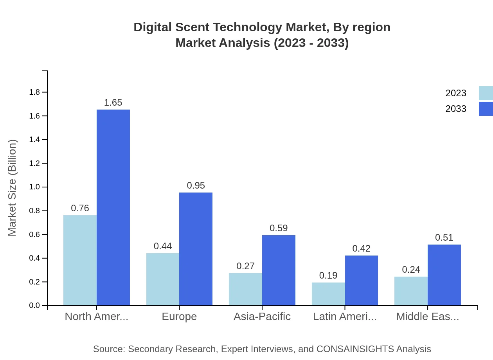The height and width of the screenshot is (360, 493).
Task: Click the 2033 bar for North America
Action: (113, 207)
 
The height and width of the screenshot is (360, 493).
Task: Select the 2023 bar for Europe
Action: (163, 279)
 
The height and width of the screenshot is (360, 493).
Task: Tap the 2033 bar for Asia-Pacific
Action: (279, 270)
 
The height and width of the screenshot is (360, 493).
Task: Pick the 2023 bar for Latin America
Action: (328, 294)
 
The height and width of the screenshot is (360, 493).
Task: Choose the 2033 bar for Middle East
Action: (444, 275)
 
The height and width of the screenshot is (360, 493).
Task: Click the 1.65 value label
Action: (113, 103)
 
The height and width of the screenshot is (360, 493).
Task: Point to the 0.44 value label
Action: (163, 246)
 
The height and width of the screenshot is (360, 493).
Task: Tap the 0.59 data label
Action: (279, 228)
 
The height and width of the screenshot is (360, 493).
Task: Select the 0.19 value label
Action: (328, 275)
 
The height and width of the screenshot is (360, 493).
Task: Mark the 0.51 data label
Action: (444, 238)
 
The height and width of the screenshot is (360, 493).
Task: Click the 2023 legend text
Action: (456, 93)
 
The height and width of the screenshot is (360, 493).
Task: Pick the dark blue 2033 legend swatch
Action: (486, 109)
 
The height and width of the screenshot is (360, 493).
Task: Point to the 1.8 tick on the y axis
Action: (35, 92)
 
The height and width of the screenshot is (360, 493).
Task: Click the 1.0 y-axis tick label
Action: (35, 187)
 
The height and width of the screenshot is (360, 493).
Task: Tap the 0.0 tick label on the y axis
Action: (35, 306)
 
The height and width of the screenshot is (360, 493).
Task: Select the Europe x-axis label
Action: (179, 316)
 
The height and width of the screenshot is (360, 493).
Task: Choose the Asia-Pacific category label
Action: (262, 316)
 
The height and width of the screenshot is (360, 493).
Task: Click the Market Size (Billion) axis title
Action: (13, 188)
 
